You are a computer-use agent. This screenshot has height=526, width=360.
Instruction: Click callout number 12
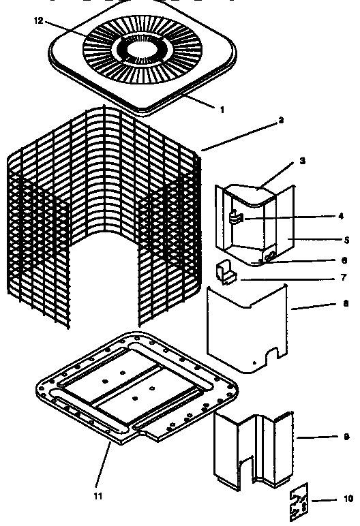click(x=37, y=21)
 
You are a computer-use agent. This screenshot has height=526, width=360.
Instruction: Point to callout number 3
click(x=302, y=161)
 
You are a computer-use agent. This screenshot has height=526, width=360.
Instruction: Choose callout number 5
click(x=346, y=240)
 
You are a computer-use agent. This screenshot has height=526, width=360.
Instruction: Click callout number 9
click(x=346, y=436)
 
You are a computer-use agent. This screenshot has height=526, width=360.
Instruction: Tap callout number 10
click(x=348, y=499)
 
